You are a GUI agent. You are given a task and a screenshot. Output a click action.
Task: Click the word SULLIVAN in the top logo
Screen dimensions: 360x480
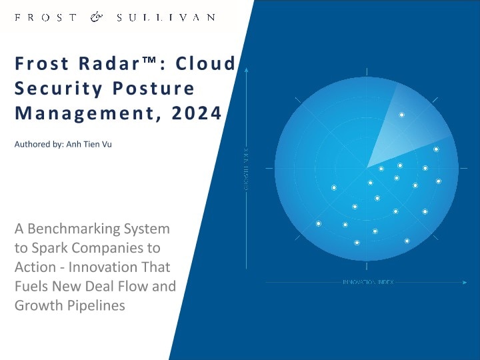(166, 17)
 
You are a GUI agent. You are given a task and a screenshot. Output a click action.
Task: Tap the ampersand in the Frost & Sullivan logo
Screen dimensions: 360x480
(96, 17)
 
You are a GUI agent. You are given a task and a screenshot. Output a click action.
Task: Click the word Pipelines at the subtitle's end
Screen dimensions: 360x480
(97, 306)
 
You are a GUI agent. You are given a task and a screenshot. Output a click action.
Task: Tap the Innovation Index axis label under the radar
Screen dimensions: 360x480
(368, 282)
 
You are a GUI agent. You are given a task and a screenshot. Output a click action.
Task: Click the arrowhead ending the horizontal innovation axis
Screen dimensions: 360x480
(465, 282)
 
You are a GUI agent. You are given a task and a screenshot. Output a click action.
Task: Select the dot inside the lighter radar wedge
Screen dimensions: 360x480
(401, 115)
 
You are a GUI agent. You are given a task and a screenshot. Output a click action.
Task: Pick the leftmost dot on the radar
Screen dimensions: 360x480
(319, 223)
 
